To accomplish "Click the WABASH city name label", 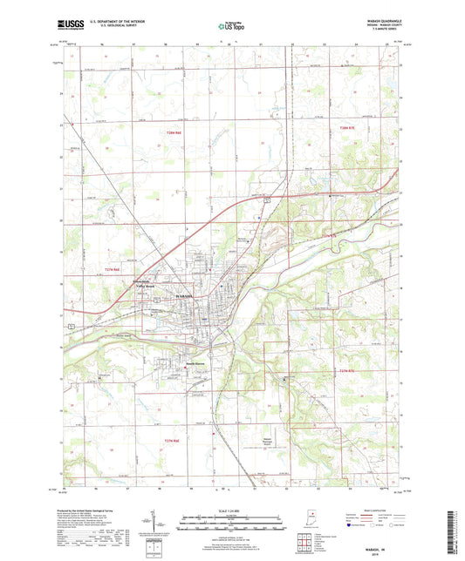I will [x=188, y=297].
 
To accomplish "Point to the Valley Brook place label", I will [x=145, y=286].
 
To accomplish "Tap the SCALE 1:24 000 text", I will [x=232, y=511].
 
